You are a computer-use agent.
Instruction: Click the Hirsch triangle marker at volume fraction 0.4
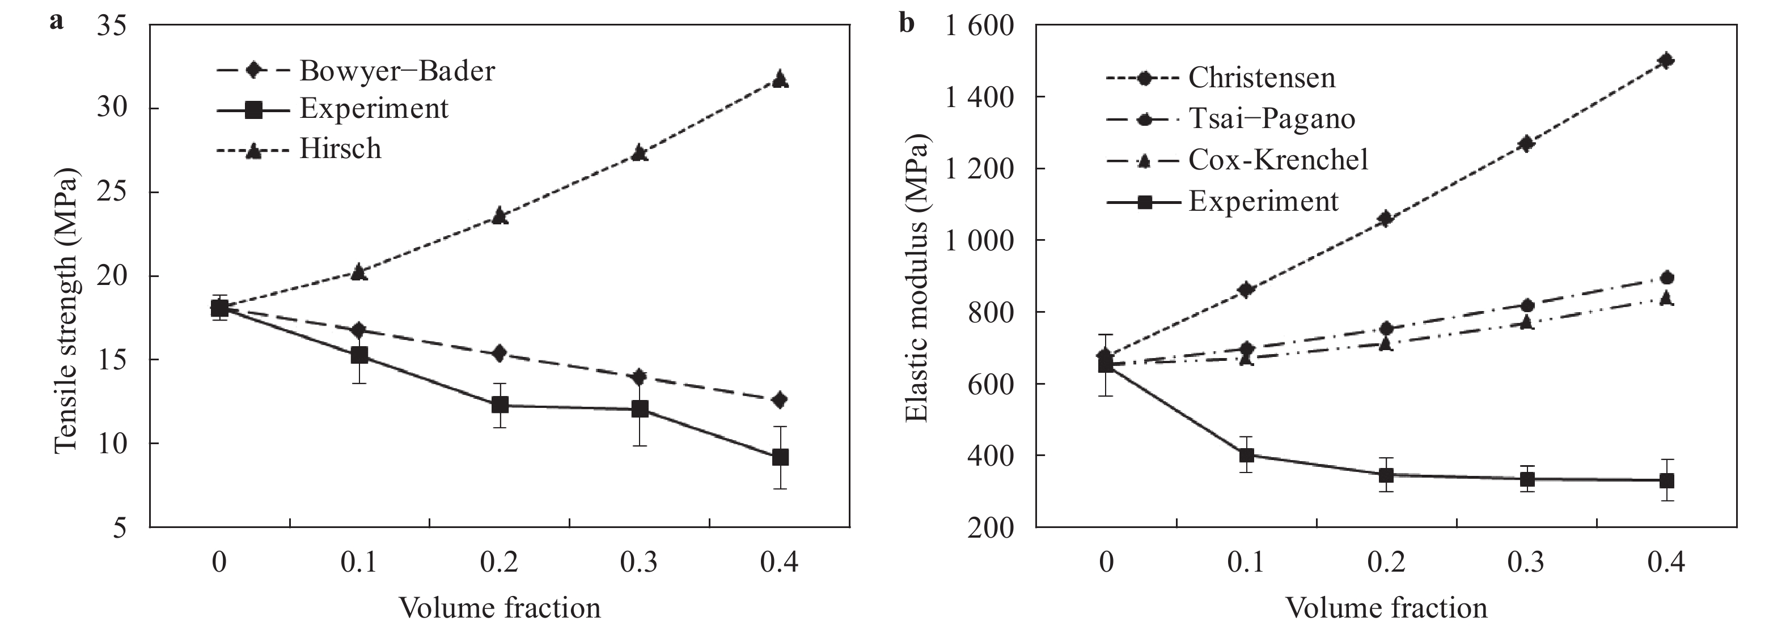coord(780,78)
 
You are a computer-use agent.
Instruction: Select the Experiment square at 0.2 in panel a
coord(499,405)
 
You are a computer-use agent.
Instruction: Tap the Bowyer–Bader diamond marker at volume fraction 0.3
coord(639,377)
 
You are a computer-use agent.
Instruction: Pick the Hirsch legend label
coord(340,149)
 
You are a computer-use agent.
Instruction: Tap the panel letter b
coord(906,23)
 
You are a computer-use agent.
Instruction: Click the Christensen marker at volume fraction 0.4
coord(1665,60)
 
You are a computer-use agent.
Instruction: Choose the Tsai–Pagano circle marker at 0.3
coord(1526,305)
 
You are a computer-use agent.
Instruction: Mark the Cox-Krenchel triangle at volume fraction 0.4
coord(1665,299)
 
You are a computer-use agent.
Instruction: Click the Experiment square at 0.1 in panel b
coord(1247,456)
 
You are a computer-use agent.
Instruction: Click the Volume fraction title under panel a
coord(499,608)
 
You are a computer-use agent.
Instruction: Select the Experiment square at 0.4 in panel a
coord(780,457)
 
